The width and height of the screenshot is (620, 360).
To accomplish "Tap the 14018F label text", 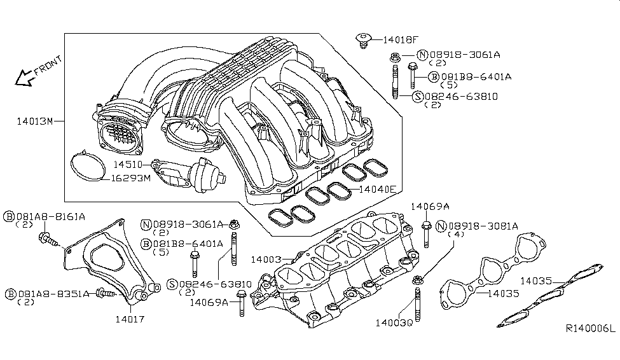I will [x=400, y=39].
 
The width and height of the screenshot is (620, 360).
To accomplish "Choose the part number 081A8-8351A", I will [x=52, y=294].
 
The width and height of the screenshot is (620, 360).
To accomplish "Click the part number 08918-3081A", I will [x=483, y=226].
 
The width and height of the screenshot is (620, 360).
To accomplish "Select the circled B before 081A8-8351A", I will [x=10, y=294].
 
